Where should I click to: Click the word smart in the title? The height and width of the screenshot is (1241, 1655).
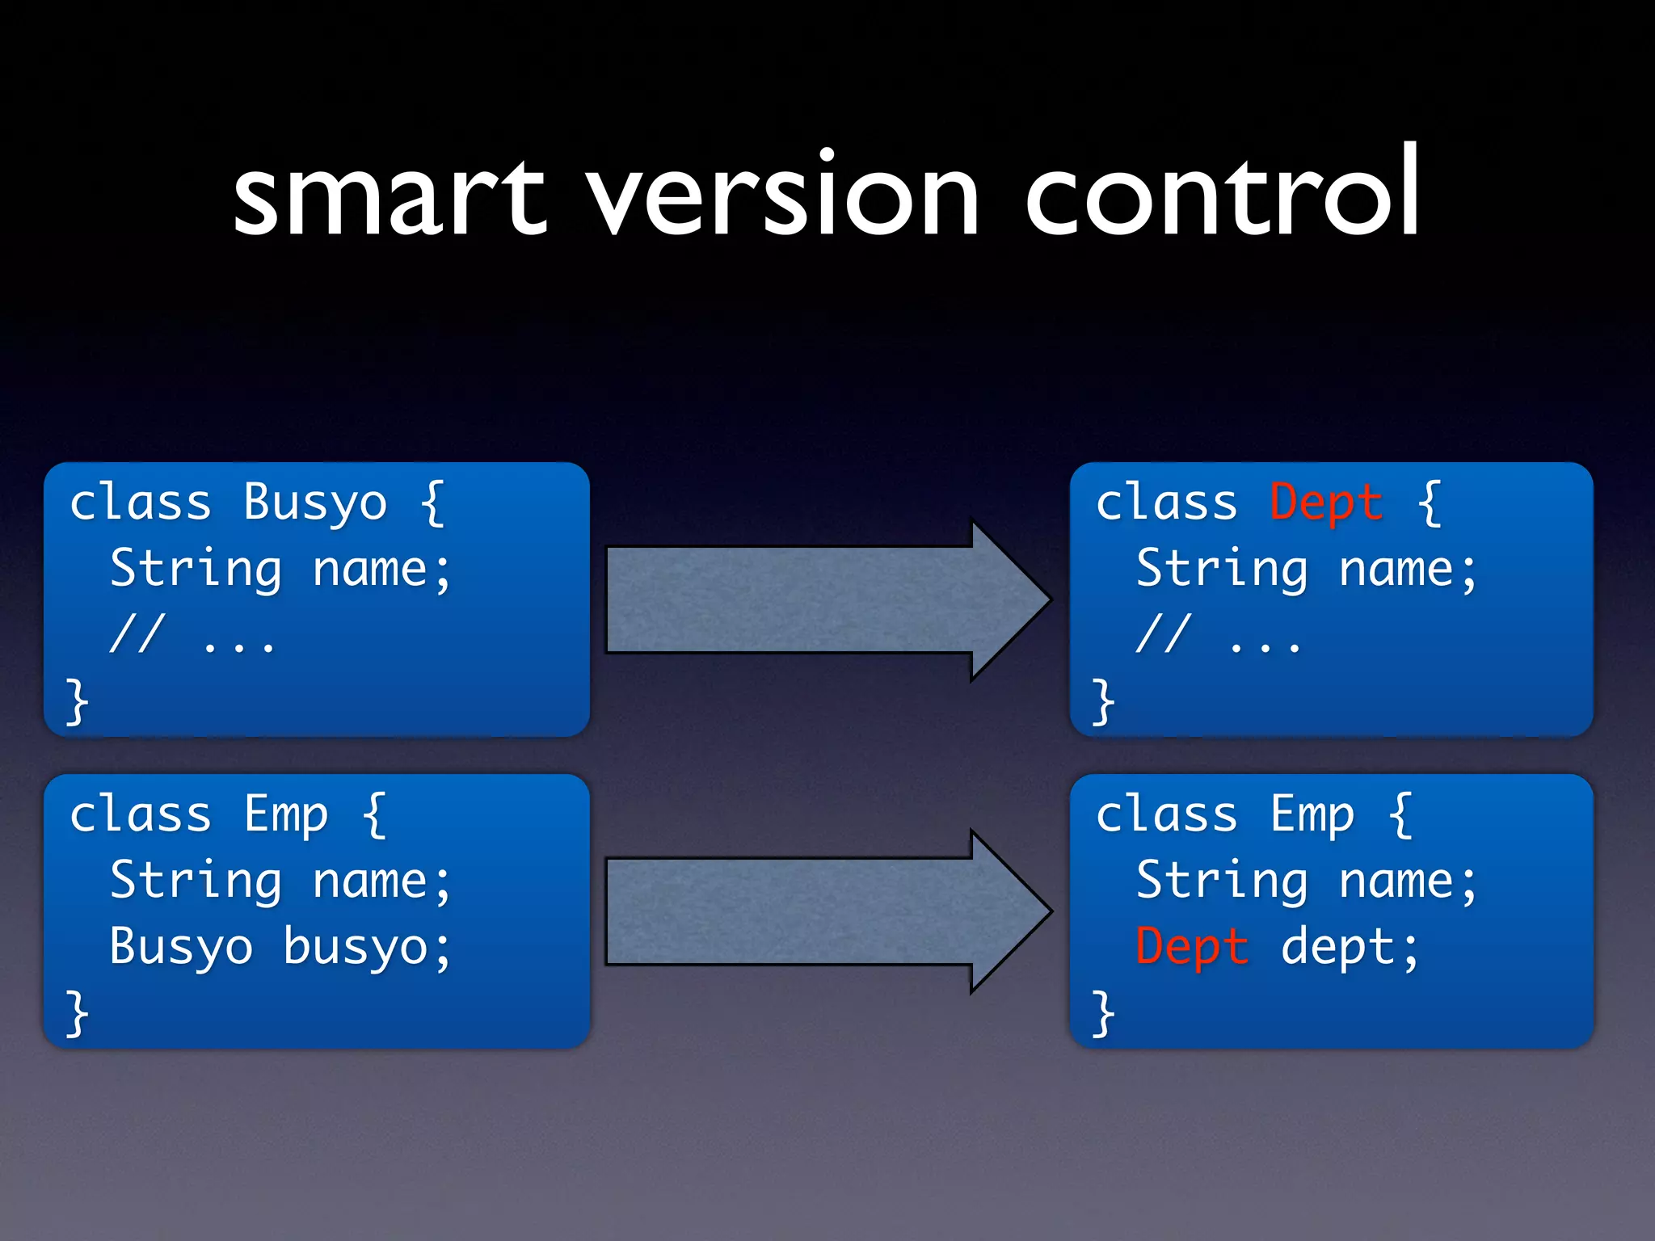(x=390, y=198)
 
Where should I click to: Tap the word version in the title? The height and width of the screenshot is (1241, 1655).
(x=782, y=198)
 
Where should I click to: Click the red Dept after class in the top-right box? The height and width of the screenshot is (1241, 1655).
(x=1325, y=503)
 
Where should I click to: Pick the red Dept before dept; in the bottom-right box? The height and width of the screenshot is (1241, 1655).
(x=1191, y=947)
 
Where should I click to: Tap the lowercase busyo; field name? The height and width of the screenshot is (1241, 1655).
(x=366, y=947)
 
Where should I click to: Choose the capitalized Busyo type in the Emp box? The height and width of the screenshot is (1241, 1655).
(x=181, y=947)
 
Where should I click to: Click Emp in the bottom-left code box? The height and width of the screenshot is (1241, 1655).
(x=286, y=814)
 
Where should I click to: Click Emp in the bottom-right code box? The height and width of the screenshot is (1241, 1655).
(x=1312, y=814)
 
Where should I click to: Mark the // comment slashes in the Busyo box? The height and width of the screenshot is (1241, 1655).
(x=137, y=633)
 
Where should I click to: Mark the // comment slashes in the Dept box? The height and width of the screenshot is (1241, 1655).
(x=1164, y=633)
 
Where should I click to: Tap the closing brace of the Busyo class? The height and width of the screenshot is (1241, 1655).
(x=77, y=701)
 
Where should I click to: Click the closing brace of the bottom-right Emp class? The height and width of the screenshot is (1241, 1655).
(x=1103, y=1013)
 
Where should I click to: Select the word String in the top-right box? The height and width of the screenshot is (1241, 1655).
(x=1222, y=569)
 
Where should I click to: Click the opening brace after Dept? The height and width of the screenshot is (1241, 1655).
(x=1430, y=503)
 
